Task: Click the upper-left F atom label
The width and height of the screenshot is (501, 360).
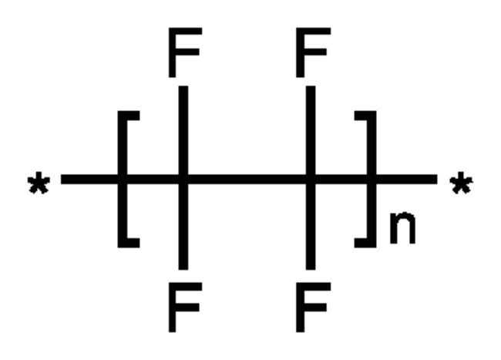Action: [185, 52]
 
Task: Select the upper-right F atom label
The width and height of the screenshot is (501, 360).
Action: [313, 52]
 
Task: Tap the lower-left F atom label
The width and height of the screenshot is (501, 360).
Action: [185, 307]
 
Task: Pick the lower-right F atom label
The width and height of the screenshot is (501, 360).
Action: [313, 307]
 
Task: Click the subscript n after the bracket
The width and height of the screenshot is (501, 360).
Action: [402, 227]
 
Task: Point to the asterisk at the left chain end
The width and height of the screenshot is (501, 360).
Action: [39, 183]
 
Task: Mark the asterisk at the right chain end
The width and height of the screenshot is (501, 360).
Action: [462, 183]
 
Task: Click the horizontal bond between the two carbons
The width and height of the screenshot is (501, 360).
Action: [247, 179]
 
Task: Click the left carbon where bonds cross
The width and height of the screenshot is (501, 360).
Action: [183, 179]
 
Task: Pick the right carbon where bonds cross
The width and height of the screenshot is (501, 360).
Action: [311, 179]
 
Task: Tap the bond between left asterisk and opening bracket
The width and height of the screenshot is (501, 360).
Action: [89, 179]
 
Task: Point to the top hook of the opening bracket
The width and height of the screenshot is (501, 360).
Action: [129, 116]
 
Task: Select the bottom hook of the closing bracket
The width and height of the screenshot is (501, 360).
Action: [365, 243]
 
